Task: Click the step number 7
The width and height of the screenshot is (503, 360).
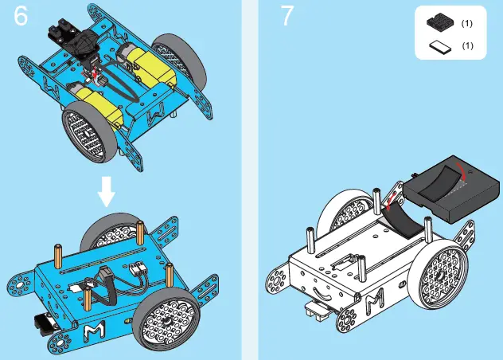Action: (x=289, y=18)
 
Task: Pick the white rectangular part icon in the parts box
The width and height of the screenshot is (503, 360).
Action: (x=438, y=46)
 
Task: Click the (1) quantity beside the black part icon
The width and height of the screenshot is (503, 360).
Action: (x=468, y=24)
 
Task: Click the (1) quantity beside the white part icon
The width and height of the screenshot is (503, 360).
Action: (x=468, y=46)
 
